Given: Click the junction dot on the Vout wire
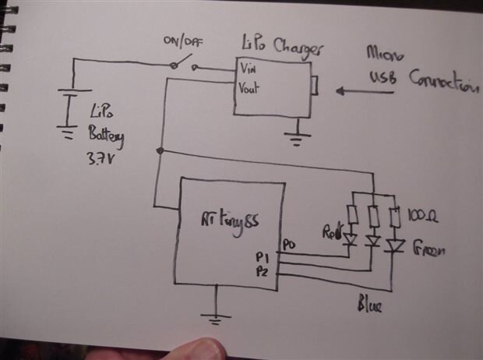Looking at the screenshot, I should pyautogui.click(x=160, y=150).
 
